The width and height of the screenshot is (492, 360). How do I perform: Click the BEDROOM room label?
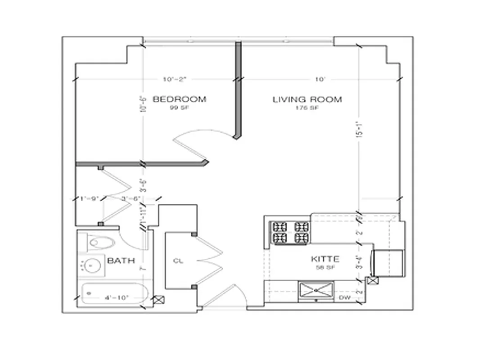(x=180, y=99)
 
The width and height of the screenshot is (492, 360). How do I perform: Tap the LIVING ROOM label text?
(x=307, y=99)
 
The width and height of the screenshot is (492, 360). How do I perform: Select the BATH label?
(x=121, y=261)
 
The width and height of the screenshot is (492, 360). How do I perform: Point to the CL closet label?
(x=178, y=261)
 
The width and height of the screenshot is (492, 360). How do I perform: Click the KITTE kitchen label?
(x=325, y=259)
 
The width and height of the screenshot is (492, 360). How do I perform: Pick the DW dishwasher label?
(x=345, y=297)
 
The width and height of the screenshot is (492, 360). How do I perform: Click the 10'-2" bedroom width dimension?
(x=175, y=79)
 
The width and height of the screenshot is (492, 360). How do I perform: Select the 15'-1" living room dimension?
(x=358, y=129)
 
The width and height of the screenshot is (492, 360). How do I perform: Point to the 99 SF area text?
(x=179, y=108)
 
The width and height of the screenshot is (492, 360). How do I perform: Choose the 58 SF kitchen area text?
(x=325, y=267)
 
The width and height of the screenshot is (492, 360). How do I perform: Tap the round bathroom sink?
(x=93, y=266)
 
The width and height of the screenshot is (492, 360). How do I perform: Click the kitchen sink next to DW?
(x=316, y=290)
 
